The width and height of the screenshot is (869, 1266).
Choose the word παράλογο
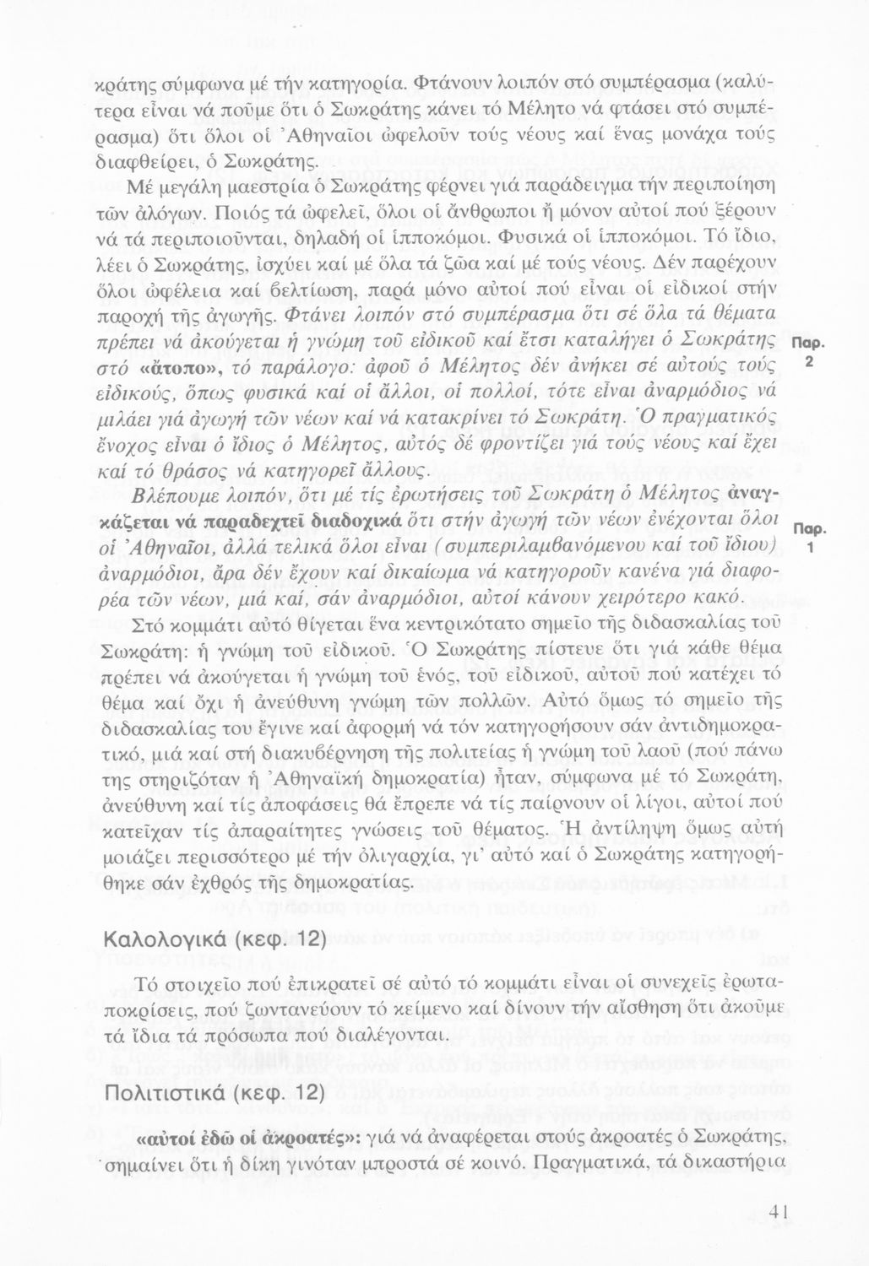pos(298,371)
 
